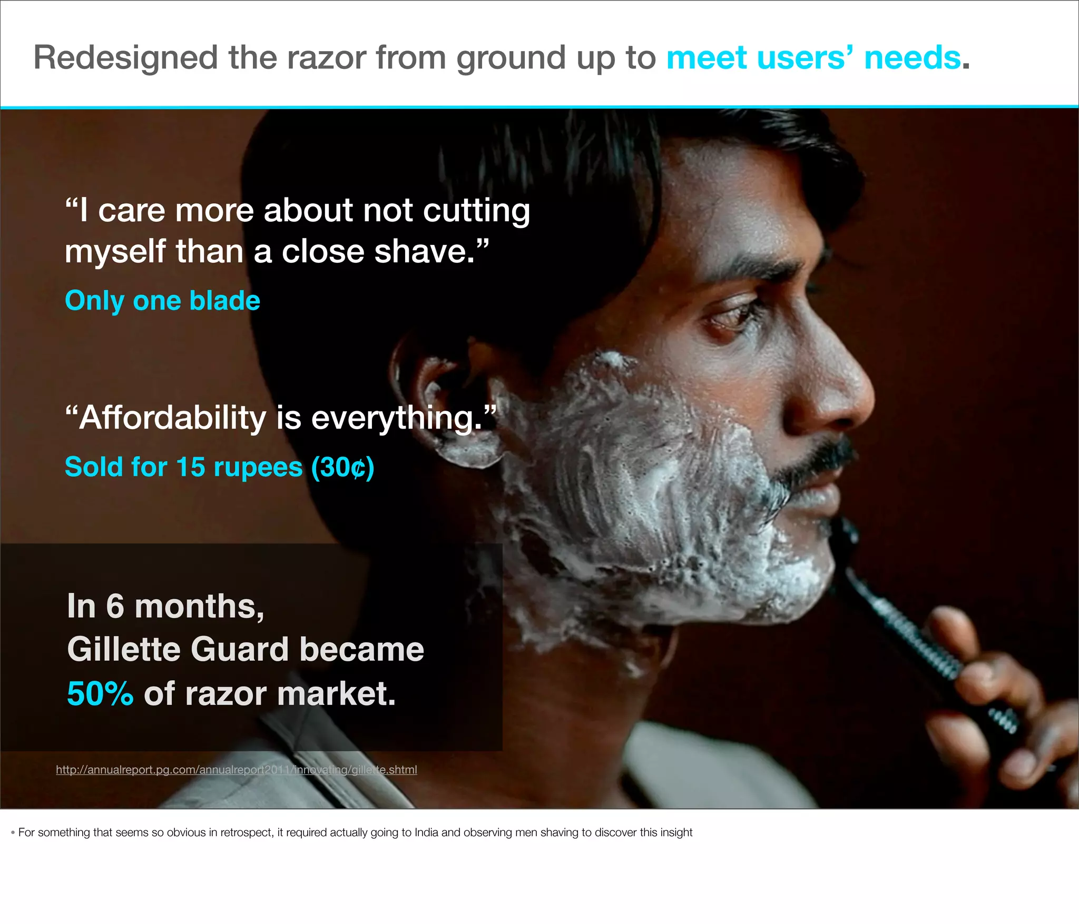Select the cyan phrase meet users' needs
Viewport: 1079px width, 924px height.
click(813, 57)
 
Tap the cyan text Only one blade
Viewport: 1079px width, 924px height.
click(162, 301)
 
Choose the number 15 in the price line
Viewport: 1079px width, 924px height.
click(190, 467)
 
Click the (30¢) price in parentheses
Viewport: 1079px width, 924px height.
click(342, 467)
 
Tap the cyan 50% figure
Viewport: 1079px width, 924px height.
click(100, 693)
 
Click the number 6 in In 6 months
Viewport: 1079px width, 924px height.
click(115, 607)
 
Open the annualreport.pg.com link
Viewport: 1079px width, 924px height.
click(236, 770)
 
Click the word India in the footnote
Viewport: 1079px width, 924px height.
click(426, 832)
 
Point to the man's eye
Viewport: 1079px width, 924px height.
click(730, 314)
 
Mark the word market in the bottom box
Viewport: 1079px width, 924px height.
click(336, 693)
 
